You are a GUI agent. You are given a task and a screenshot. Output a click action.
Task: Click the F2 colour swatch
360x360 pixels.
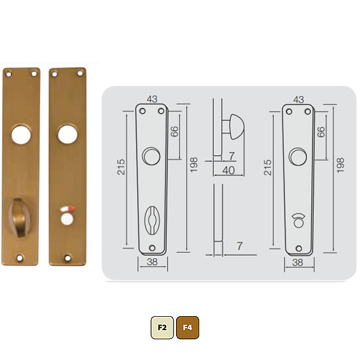pyautogui.click(x=162, y=327)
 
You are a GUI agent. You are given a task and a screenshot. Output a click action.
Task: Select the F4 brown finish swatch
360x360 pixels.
pyautogui.click(x=188, y=327)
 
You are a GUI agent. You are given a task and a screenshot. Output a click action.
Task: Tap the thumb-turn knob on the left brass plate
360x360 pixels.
pyautogui.click(x=19, y=217)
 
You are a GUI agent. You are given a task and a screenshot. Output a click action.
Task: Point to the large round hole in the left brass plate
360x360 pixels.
pyautogui.click(x=21, y=135)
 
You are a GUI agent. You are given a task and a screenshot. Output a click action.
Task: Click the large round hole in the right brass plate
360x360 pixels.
pyautogui.click(x=68, y=134)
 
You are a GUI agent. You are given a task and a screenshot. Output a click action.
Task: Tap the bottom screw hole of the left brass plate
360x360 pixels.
pyautogui.click(x=19, y=258)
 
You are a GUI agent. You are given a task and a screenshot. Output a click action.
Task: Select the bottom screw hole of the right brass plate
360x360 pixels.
pyautogui.click(x=68, y=258)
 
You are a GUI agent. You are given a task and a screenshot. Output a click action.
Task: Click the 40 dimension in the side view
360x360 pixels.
pyautogui.click(x=228, y=171)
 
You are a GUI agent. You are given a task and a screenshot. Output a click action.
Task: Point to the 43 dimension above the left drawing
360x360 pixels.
pyautogui.click(x=152, y=99)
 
